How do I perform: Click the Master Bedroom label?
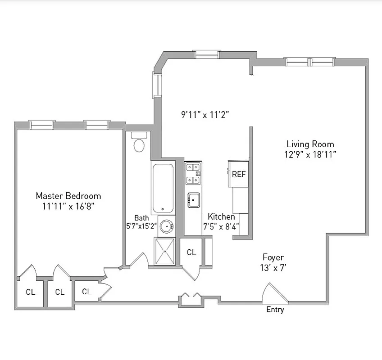pos(68,196)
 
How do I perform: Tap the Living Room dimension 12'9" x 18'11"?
pos(310,154)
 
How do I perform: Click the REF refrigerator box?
pos(239,174)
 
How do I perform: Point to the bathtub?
pos(163,188)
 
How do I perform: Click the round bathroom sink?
pos(166,226)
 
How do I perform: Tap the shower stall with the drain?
pos(165,251)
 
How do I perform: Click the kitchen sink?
pos(194,199)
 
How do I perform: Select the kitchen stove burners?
pos(193,174)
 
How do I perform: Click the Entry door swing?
pos(274,294)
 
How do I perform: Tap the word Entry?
pos(275,310)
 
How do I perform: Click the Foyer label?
pos(273,257)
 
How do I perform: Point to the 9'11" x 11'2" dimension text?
pos(205,114)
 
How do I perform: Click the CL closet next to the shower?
pos(191,252)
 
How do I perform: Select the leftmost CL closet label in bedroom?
pos(30,292)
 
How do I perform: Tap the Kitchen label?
pos(221,217)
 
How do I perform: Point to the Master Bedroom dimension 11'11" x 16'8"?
pos(68,206)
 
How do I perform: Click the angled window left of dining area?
pos(157,84)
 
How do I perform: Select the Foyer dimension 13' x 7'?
pos(273,268)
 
